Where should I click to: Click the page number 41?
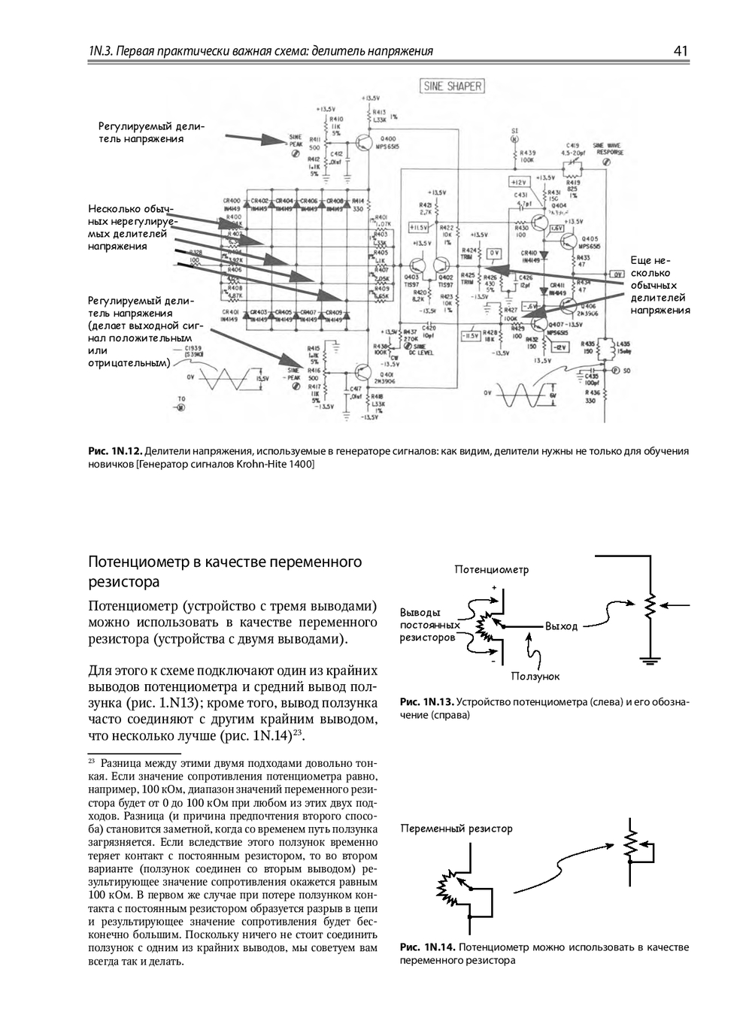(x=681, y=51)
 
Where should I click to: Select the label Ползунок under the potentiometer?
(x=535, y=676)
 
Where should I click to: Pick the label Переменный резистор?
(x=456, y=828)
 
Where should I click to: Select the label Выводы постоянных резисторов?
(x=427, y=625)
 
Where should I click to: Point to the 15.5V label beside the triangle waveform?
(x=263, y=378)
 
